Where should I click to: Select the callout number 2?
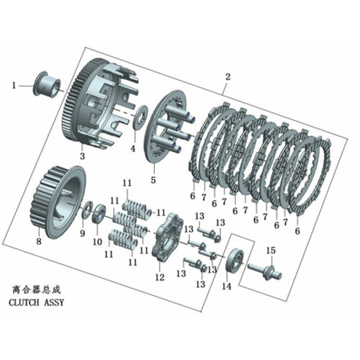[x=228, y=77]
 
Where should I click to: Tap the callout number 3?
[x=82, y=156]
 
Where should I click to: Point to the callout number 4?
[x=132, y=149]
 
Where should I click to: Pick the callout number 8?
[x=39, y=243]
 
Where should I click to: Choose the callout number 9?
[x=81, y=234]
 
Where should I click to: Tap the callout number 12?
[x=159, y=276]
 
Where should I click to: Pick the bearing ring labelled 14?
[x=233, y=261]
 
